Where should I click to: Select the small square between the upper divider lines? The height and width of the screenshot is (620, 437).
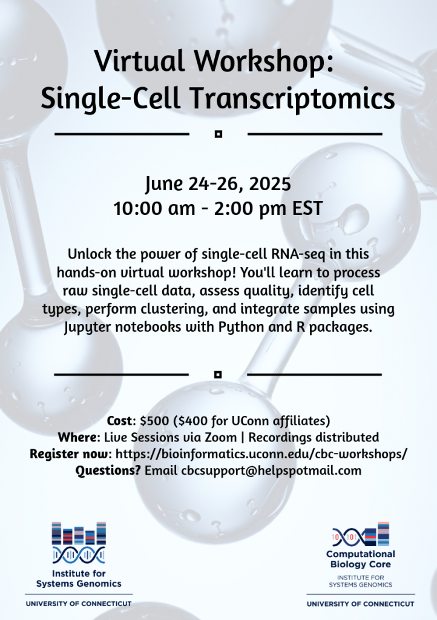tap(218, 134)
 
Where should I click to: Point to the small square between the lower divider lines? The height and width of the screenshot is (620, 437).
tap(218, 374)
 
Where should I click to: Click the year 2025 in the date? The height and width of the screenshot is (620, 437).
tap(271, 184)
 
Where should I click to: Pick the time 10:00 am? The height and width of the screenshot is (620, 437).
tap(154, 209)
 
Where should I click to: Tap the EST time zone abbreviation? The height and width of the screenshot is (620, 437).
tap(307, 209)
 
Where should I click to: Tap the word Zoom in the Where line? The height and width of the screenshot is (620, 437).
tap(220, 437)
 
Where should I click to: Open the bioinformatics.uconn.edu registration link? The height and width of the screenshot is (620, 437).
tap(261, 454)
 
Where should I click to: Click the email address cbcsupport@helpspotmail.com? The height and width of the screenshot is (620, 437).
tap(271, 470)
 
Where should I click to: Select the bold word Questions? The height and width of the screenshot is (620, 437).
tap(108, 470)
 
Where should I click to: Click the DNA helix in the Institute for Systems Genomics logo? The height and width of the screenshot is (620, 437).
tap(79, 555)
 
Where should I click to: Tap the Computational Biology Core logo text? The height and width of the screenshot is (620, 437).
tap(360, 559)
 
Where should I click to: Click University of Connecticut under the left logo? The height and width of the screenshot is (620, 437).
tap(79, 604)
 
